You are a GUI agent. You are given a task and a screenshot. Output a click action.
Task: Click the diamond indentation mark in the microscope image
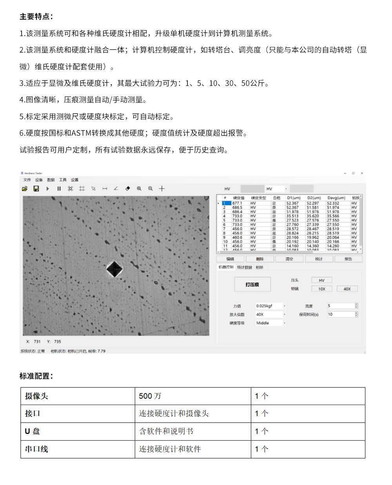tap(114, 269)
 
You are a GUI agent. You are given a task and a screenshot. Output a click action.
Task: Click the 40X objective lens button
tap(347, 289)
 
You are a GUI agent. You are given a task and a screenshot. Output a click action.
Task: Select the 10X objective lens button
tap(322, 289)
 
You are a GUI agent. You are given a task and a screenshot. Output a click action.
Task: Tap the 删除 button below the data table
tap(260, 259)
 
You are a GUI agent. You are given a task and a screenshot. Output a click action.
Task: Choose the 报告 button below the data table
tap(348, 259)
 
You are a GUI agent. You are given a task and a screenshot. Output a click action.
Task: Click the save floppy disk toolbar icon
tap(36, 189)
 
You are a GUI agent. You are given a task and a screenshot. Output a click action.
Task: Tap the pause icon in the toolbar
tap(59, 189)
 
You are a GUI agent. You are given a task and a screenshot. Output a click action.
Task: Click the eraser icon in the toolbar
tap(127, 189)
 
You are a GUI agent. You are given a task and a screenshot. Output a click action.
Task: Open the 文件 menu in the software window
tap(27, 180)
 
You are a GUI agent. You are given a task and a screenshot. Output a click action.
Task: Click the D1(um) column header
tap(294, 198)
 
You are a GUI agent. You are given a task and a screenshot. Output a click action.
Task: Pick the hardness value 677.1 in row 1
tap(237, 203)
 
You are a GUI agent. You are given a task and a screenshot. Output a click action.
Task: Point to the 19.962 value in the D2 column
tap(313, 237)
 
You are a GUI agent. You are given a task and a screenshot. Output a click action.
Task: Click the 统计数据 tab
tap(245, 267)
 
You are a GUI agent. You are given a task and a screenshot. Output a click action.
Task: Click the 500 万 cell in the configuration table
tap(150, 396)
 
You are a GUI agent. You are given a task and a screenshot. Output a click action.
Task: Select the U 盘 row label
tap(33, 431)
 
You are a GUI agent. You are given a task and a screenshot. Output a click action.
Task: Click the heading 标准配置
tap(36, 376)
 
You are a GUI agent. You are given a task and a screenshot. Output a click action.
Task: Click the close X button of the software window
tap(362, 173)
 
